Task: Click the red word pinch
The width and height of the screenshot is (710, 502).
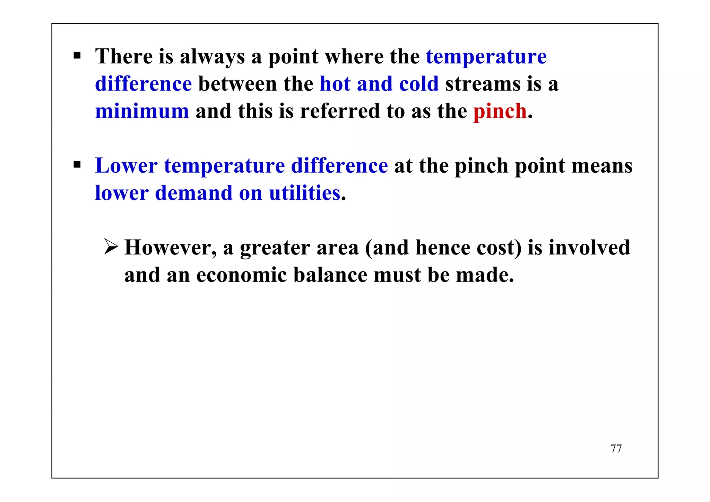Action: (x=500, y=111)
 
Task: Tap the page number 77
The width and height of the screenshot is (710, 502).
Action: (x=616, y=449)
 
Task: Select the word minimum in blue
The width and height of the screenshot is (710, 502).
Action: (x=142, y=111)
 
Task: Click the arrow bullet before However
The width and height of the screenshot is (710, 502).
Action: (x=111, y=247)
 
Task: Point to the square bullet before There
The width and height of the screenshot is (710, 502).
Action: (x=77, y=55)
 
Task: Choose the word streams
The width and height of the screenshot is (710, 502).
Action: (x=483, y=84)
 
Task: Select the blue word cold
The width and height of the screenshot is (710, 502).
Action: (x=419, y=84)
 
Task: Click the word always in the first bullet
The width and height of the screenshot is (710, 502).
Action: (x=212, y=57)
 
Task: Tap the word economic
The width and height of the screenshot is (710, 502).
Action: (x=242, y=275)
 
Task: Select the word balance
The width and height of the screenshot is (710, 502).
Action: (x=330, y=275)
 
